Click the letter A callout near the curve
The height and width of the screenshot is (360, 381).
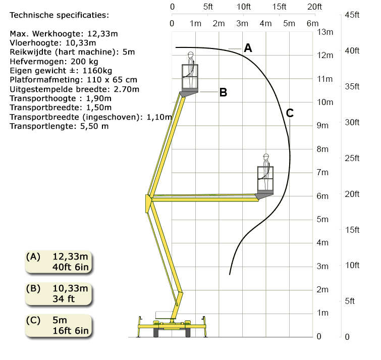coord(248,48)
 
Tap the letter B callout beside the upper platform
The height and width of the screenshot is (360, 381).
coord(224,92)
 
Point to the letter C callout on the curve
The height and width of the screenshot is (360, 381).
coord(290,113)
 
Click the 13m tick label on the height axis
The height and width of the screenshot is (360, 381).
coord(325,32)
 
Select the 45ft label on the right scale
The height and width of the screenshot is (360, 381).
coord(352,15)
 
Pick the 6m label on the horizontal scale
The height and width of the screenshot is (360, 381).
coord(312,23)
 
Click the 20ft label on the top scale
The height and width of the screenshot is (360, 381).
coord(315,7)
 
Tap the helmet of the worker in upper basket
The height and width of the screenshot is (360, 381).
coord(191,54)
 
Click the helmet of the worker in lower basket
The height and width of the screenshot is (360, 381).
coord(266,156)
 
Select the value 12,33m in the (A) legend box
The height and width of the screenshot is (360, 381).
coord(70,256)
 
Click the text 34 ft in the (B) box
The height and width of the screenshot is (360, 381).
coord(64,299)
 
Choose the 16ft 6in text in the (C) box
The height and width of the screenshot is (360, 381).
coord(71,331)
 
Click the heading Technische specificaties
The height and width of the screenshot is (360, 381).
coord(59,15)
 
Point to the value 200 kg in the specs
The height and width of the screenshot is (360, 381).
coord(84,62)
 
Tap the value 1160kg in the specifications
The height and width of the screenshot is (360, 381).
coord(97,71)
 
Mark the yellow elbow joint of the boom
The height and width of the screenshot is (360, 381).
coord(148,203)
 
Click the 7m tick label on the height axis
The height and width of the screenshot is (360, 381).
coord(322,172)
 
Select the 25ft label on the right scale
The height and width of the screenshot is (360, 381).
coord(352,158)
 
